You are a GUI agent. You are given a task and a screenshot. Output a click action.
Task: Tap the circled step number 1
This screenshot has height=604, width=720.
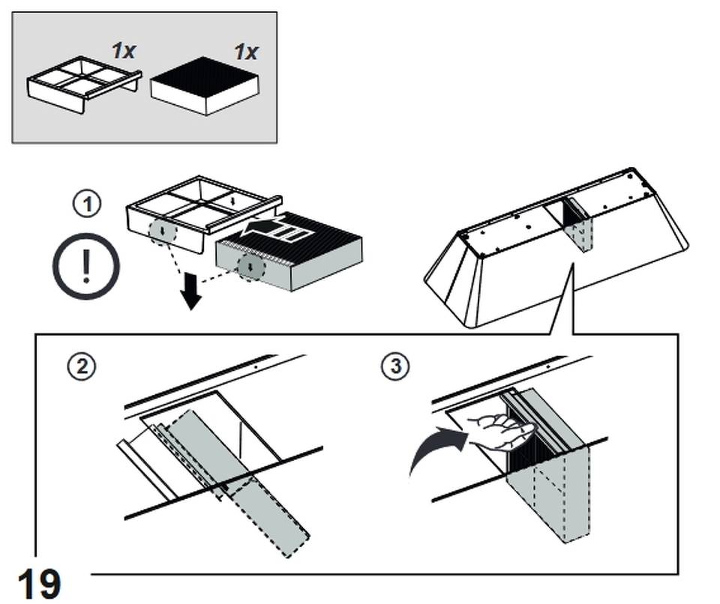click(87, 204)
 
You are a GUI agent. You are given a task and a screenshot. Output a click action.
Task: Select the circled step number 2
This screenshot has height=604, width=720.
click(82, 366)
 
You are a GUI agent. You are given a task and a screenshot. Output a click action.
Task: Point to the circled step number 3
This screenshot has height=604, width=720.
click(396, 366)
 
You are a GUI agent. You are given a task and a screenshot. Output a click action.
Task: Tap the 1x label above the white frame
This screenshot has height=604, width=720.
click(124, 50)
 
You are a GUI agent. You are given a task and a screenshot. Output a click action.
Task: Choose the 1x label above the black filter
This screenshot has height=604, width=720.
click(246, 52)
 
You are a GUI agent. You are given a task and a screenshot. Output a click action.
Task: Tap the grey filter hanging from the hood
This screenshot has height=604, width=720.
click(578, 225)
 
